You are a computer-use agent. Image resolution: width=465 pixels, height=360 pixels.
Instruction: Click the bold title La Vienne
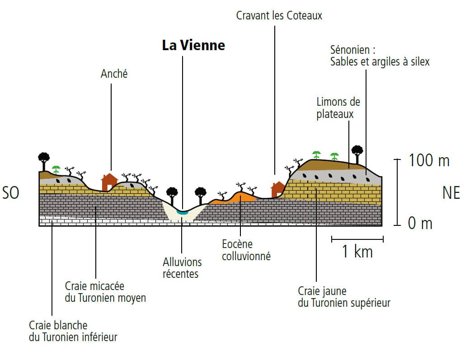(193, 46)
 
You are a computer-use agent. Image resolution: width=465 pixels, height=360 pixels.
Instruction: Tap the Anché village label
(114, 74)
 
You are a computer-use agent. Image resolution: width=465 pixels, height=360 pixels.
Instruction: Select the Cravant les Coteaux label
(279, 16)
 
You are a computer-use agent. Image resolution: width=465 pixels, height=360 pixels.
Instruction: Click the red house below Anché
(109, 182)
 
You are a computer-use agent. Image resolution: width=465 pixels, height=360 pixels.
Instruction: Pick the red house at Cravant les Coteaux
(277, 189)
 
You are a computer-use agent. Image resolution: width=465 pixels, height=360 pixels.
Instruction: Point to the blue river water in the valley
(183, 211)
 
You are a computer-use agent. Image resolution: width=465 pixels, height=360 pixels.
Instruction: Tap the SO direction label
(11, 193)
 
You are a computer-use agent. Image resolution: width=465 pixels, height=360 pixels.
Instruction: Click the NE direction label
(451, 193)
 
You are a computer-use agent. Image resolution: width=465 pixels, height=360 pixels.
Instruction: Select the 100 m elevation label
(429, 160)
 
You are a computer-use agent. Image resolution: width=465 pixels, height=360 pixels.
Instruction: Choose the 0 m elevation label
(420, 223)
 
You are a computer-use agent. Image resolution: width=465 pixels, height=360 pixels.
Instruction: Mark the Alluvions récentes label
(182, 267)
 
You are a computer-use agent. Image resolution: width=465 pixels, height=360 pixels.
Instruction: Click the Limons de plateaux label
(338, 108)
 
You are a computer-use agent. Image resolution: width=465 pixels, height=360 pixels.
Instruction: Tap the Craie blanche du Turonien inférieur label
(73, 331)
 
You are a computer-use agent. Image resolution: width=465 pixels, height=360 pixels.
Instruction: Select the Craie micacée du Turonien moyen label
(105, 292)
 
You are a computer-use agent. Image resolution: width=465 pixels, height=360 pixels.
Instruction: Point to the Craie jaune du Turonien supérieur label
(343, 297)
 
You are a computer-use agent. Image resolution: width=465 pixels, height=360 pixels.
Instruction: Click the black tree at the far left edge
(44, 159)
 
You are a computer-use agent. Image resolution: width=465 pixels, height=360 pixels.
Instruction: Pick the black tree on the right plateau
(357, 152)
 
